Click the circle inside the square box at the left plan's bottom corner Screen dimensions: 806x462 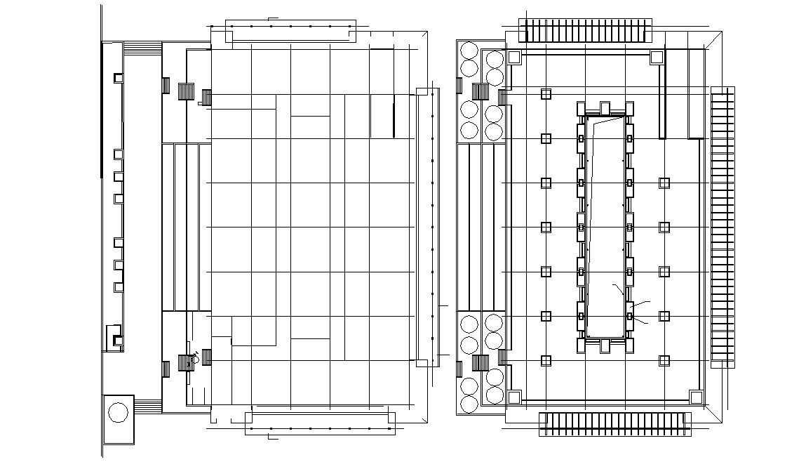coord(118,413)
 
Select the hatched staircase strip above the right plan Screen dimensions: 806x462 coord(584,31)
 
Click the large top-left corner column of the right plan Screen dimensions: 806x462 coord(514,57)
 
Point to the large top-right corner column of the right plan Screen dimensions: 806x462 coord(657,57)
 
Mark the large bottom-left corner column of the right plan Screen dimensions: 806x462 coord(514,397)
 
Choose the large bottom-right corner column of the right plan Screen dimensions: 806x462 coord(696,397)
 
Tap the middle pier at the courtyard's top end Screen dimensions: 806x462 coord(605,107)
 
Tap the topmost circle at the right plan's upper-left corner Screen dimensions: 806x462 coord(469,51)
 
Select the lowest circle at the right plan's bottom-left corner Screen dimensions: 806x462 coord(469,404)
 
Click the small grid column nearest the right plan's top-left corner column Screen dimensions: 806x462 coord(546,94)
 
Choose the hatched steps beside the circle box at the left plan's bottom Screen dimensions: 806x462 coord(148,405)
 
